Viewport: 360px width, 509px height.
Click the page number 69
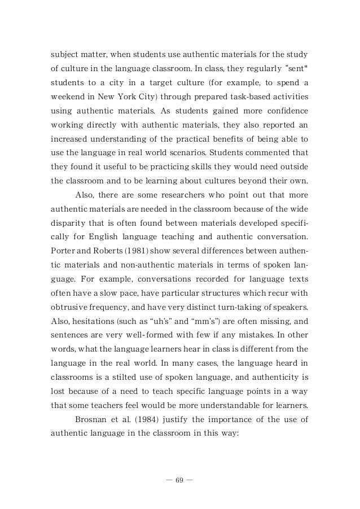tap(180, 481)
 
